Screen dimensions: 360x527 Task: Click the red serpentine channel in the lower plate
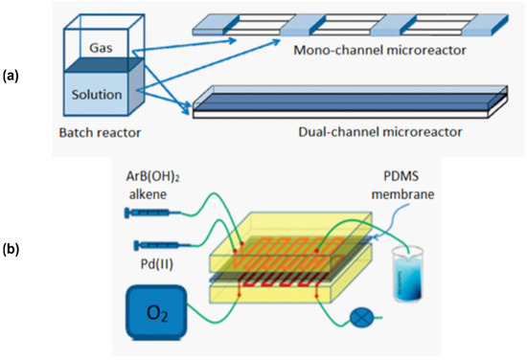(x=268, y=284)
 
